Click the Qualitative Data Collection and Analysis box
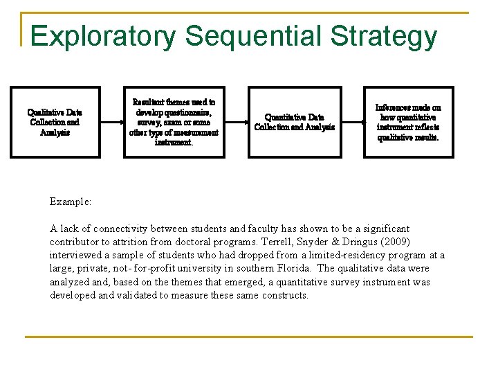coord(55,122)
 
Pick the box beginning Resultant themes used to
coord(174,122)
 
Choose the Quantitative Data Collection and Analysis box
coord(295,122)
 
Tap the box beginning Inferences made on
coord(408,122)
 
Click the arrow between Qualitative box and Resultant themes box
coord(111,122)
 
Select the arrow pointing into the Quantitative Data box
coord(237,122)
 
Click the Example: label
coord(71,202)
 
